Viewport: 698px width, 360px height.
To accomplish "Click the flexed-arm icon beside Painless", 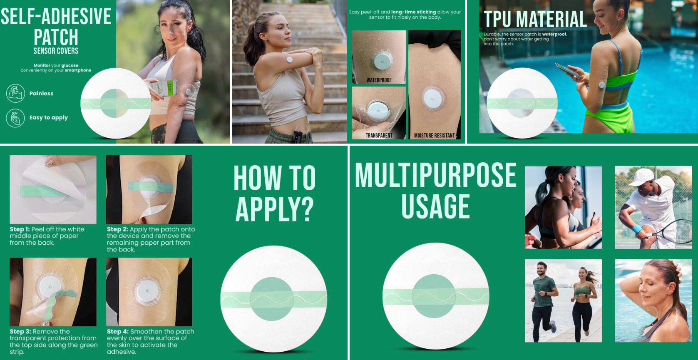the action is pos(15,93).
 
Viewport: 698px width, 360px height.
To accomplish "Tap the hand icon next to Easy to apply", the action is pos(15,118).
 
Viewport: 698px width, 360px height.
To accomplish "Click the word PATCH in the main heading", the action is pos(56,37).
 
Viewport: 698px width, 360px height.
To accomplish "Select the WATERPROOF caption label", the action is pos(379,80).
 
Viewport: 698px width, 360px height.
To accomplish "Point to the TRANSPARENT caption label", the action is pos(379,136).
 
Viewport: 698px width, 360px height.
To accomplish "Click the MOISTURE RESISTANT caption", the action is pos(435,136).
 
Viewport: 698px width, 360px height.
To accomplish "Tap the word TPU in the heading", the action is pos(498,19).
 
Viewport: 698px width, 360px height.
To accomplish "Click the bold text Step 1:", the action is pos(20,229).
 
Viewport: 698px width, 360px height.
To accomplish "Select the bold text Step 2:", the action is pos(117,229).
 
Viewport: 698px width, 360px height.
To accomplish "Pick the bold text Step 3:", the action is pos(20,331).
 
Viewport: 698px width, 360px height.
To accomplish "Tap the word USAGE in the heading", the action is pos(436,206).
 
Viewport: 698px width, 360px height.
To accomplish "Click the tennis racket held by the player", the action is pos(676,232).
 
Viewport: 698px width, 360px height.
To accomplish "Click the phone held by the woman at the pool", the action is pos(567,70).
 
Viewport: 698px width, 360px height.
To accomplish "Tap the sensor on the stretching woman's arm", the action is pos(290,60).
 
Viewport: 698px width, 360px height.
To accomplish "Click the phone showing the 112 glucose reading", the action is pos(164,88).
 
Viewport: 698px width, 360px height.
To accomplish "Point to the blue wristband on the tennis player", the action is pos(637,229).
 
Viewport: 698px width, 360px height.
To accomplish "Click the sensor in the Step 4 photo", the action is pos(147,291).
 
